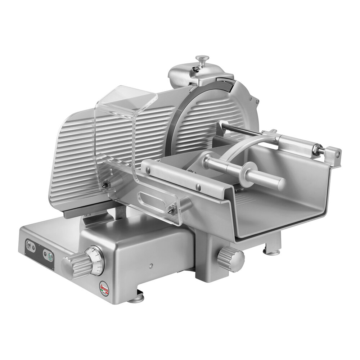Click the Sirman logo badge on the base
104,287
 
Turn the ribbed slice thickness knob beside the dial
77,265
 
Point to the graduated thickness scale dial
96,260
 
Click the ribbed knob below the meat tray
231,258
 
